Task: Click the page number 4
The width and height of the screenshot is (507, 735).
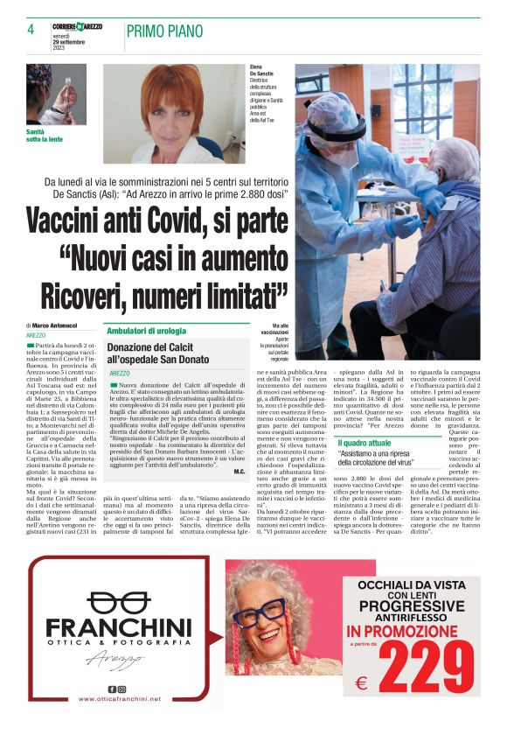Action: click(31, 30)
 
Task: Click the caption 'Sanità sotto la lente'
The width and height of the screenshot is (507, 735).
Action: click(45, 135)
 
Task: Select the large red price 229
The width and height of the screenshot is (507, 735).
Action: click(427, 667)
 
